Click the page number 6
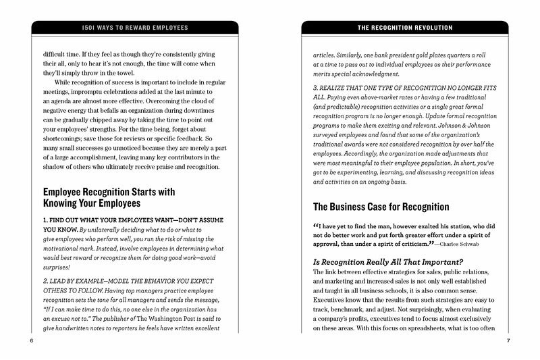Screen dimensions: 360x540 point(32,340)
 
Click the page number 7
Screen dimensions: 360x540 point(508,340)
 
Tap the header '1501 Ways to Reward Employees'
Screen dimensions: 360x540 point(135,28)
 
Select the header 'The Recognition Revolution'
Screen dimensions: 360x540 point(405,28)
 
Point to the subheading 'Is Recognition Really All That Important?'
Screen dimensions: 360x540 point(389,261)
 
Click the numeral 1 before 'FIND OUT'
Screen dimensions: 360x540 point(45,220)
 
